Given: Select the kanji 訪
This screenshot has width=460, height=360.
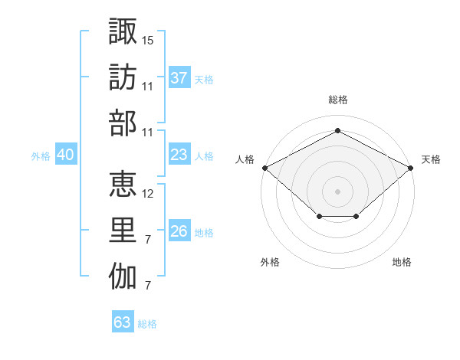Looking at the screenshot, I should coord(123,77).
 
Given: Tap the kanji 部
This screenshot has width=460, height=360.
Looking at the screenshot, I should coord(123,123).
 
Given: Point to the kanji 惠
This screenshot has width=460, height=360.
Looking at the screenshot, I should coord(123,185).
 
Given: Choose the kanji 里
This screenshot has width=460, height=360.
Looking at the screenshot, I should coord(123,231).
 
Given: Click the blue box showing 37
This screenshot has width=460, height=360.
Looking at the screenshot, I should coord(179,77).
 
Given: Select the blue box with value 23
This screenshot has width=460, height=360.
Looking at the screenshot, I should coord(179,155).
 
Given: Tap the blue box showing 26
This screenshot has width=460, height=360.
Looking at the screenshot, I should coord(179,231).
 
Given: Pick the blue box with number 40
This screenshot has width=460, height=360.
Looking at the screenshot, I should coord(66,155).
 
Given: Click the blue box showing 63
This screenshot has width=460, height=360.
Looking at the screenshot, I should coord(123,322).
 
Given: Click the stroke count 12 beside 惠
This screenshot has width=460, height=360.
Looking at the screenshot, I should coord(148,194).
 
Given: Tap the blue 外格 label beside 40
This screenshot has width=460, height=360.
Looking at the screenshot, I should coord(41,156).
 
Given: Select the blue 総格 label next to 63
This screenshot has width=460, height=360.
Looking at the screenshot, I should coord(147,324).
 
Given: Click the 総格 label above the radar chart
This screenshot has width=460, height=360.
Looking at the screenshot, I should coord(337,100).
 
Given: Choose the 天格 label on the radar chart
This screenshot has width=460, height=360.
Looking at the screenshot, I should coord(431,159).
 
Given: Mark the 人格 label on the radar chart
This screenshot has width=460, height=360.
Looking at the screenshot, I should coord(245,159).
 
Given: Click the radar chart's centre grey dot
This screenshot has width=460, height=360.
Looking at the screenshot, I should coord(337,191).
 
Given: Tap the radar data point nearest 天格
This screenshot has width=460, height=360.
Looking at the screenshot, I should coord(411,167).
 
